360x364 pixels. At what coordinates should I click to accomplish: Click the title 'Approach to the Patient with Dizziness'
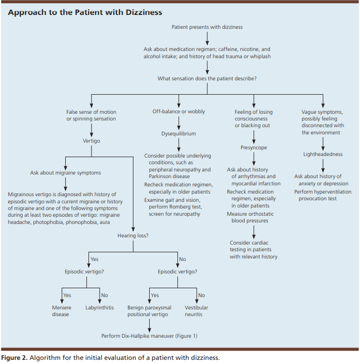85,12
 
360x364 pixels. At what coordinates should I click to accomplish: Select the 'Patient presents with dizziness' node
207,27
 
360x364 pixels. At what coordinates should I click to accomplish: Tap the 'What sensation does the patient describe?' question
207,78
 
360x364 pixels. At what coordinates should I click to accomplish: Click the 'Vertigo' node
92,141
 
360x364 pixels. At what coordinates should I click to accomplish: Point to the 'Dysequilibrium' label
178,134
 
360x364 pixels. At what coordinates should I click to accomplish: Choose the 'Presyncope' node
254,148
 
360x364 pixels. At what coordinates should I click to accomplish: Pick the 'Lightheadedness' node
323,154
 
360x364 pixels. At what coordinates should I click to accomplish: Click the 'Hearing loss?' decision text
133,236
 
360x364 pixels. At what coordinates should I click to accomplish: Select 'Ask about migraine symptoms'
65,172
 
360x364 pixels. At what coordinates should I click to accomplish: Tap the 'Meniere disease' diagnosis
62,311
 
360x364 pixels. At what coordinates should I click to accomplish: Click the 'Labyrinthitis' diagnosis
99,308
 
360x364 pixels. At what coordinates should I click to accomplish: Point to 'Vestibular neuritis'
196,311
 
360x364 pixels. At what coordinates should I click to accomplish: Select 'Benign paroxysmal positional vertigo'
149,311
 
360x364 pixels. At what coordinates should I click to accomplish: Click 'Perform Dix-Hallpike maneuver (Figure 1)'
149,336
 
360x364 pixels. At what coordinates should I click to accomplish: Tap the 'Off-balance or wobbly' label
178,112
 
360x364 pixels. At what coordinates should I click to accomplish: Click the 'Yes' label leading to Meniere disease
67,296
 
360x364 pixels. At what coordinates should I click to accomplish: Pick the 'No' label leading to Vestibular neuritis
202,296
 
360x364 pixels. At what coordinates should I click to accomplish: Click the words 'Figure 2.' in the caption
14,358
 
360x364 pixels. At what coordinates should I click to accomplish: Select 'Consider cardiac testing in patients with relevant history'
254,250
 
